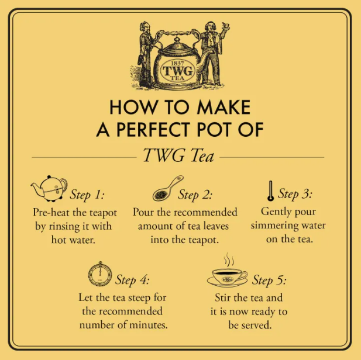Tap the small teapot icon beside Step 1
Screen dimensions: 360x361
(49, 188)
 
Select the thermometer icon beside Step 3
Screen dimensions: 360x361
(270, 191)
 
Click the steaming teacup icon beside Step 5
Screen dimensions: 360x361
(227, 273)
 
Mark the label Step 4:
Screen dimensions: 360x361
(133, 281)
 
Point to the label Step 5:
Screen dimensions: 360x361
(269, 281)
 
